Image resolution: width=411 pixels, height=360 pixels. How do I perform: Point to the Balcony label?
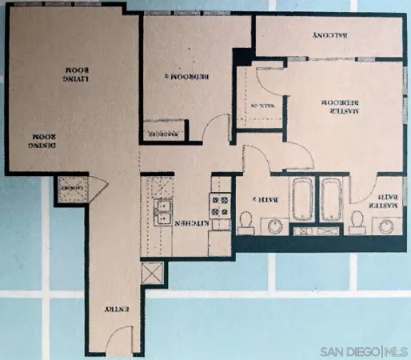327,35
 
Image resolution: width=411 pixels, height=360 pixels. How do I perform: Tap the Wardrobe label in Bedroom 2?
166,133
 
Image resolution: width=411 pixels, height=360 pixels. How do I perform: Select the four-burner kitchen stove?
220,204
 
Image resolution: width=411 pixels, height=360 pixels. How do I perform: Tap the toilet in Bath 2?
246,221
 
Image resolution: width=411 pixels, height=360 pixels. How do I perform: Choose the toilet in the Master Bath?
357,221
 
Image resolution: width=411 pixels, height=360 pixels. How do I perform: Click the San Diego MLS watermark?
365,351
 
